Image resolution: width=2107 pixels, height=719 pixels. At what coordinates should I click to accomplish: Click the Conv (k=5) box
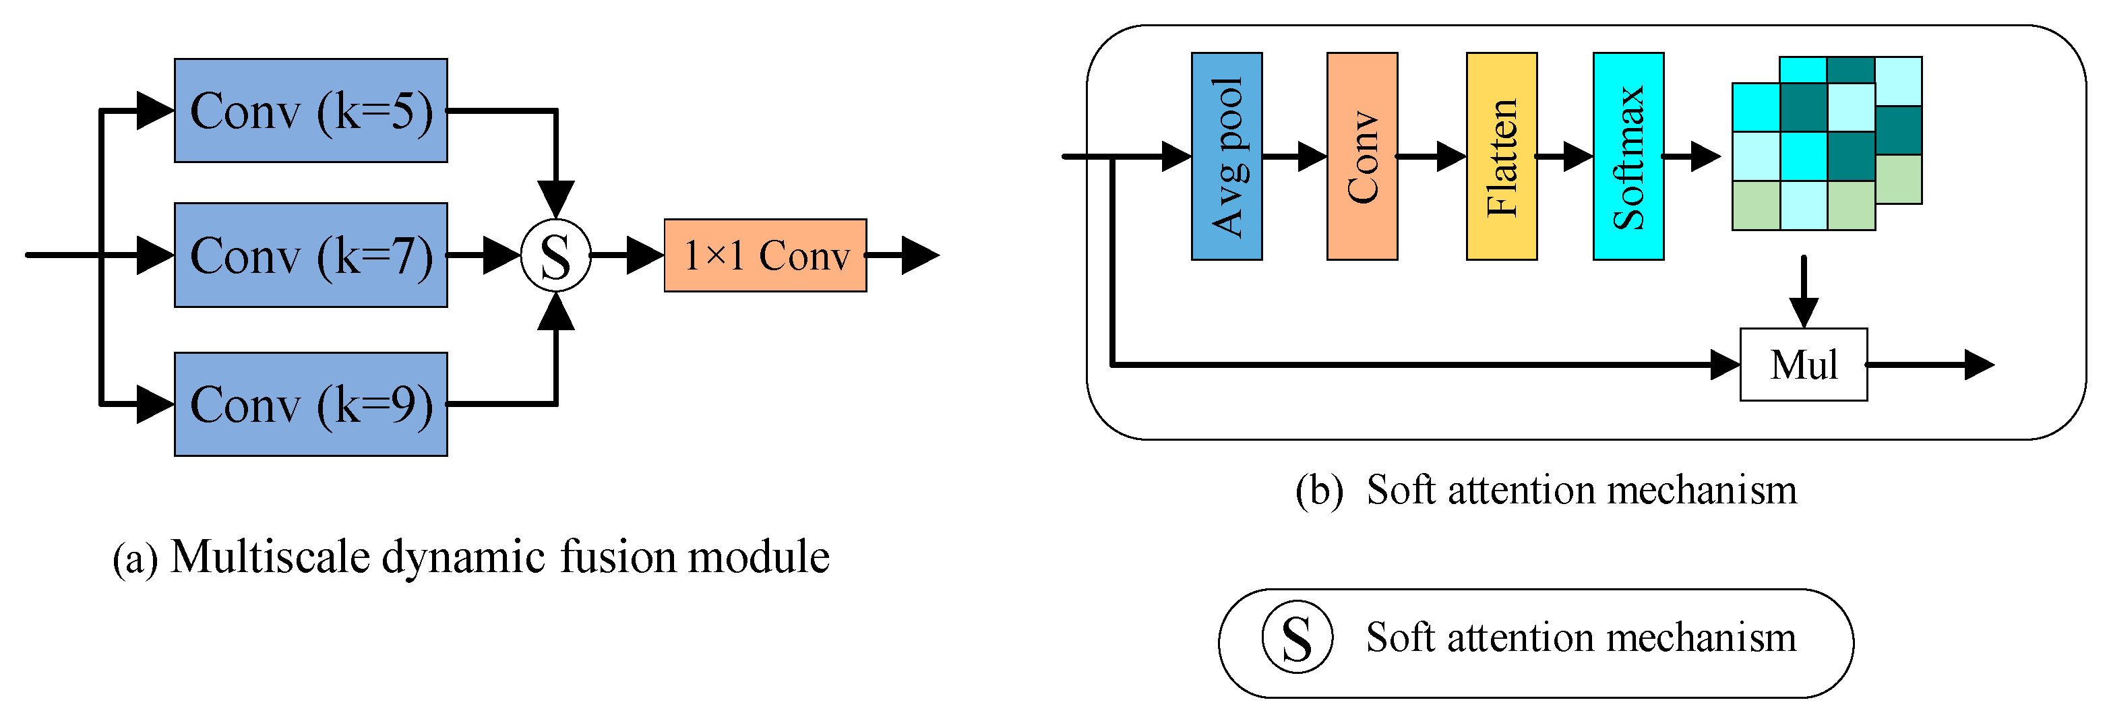(311, 111)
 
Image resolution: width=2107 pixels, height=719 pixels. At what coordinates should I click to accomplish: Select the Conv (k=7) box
(311, 255)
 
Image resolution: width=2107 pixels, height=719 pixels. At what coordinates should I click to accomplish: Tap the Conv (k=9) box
(311, 404)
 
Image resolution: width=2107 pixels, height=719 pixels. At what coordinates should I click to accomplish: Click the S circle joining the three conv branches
(556, 256)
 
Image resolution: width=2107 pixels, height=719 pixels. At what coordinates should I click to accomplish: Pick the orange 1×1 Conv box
(765, 255)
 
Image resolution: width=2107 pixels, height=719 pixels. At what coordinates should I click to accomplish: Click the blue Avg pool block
(1226, 156)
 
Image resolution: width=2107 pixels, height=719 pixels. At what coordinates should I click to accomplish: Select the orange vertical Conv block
(1362, 156)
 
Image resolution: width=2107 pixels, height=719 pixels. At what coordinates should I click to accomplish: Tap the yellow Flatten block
(1501, 156)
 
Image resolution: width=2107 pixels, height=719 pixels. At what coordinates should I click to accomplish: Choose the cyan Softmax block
(1628, 156)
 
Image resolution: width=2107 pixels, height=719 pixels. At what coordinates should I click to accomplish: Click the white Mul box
(1803, 365)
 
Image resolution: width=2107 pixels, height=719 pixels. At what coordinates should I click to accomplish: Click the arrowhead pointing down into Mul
(1804, 313)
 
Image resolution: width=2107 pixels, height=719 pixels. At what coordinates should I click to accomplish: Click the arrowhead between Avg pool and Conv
(1311, 156)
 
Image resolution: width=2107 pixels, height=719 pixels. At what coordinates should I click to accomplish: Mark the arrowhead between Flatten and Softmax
(1578, 156)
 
